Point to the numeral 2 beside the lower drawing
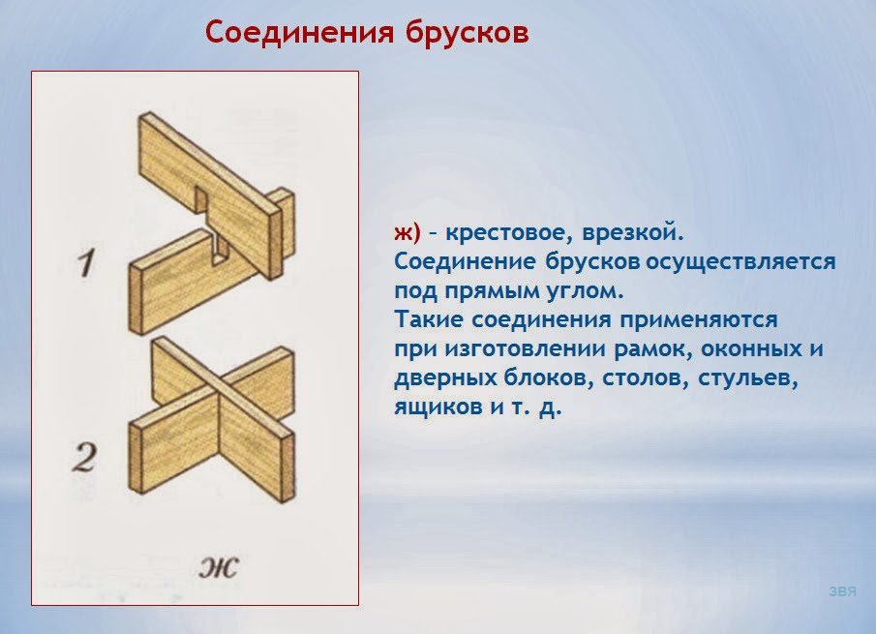pos(85,456)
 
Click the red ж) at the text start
pos(407,233)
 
